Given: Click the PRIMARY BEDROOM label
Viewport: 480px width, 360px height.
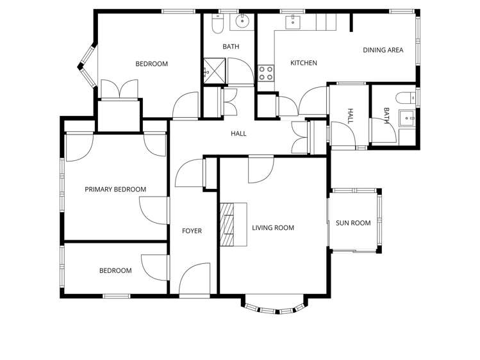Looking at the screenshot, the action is tap(115, 190).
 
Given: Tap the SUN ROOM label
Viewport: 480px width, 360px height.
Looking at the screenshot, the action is tap(353, 223).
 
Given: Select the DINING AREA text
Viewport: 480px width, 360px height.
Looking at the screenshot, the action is tap(383, 50).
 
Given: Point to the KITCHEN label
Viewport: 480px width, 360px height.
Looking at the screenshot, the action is tap(304, 63).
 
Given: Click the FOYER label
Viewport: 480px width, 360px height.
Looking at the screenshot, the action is tap(192, 231).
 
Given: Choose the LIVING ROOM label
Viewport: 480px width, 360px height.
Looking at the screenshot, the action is tap(273, 228).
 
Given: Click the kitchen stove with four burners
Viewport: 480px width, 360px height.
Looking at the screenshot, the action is tap(265, 74).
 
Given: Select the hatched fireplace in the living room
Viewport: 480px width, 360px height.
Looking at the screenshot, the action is tap(227, 224).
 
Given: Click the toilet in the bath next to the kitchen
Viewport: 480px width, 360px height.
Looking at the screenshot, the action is tap(218, 24).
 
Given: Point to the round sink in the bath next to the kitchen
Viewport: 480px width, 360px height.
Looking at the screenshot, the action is tap(242, 21).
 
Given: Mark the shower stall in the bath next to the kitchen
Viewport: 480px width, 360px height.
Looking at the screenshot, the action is tap(215, 70).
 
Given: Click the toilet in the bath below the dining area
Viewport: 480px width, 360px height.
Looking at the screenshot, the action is tap(406, 98).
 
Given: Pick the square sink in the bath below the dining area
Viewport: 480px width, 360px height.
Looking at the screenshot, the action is tap(406, 118).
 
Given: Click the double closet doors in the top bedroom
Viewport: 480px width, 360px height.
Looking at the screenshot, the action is tap(119, 89).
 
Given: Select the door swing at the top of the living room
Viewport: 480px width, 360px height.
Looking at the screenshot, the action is tap(261, 169).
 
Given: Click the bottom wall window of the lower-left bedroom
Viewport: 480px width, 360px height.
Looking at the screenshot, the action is tap(116, 296).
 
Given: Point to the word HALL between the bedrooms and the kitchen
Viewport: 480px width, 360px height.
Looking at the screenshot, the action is tap(238, 134).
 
